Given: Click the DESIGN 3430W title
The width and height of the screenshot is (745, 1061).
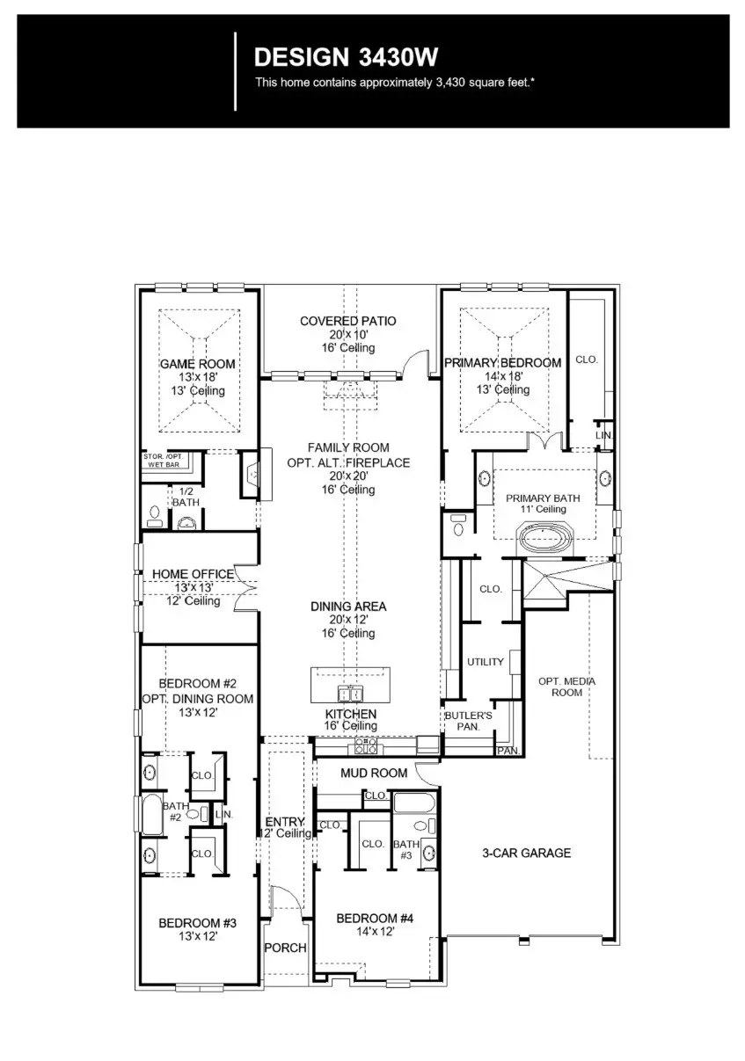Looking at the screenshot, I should tap(345, 57).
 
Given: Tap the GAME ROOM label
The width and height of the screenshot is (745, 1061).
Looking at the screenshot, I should tap(197, 364).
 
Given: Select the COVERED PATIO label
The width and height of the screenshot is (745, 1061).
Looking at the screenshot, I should tap(347, 321).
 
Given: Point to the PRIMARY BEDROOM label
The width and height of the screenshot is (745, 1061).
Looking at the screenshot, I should tap(502, 363).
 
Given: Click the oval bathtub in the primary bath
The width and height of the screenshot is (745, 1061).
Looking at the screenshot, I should tap(546, 536).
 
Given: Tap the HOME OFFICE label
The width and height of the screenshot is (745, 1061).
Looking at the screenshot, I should tap(194, 574).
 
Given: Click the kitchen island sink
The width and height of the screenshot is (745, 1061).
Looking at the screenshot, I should tap(349, 693).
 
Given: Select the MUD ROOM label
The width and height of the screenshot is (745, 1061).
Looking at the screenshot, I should tap(374, 773).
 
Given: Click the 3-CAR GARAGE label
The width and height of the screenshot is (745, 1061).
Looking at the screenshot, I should tap(526, 853).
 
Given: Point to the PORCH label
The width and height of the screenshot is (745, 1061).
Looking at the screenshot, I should tap(286, 948).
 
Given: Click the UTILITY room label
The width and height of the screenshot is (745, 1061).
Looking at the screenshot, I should tap(485, 662).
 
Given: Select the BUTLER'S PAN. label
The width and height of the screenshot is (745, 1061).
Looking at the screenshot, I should tap(468, 722).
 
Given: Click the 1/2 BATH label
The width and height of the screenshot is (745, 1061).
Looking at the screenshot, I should tap(186, 497).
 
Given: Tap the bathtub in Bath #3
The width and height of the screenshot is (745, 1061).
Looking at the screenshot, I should tap(412, 803).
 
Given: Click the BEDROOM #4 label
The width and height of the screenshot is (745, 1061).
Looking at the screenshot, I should tap(375, 919).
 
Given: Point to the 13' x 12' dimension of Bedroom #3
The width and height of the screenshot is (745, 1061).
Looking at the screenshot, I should tap(198, 937).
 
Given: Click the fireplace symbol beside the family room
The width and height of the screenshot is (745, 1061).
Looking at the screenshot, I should tap(250, 475).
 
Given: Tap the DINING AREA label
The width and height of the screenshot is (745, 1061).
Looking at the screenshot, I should tap(347, 607).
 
